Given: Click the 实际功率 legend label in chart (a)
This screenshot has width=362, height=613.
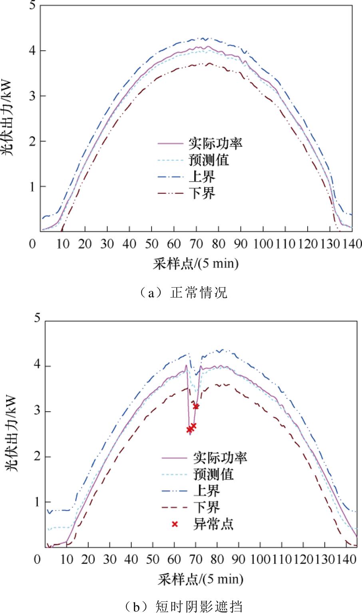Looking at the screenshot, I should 215,143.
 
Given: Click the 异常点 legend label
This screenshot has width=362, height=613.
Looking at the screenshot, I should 213,523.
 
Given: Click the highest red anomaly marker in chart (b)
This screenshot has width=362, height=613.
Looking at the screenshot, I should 196,406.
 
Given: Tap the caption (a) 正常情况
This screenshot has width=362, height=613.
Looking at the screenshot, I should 181,293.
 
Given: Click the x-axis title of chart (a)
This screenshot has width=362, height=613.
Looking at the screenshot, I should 195,264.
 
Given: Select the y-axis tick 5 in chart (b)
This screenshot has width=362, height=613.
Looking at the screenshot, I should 37,318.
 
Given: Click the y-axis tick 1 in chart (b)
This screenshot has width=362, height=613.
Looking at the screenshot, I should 37,502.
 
